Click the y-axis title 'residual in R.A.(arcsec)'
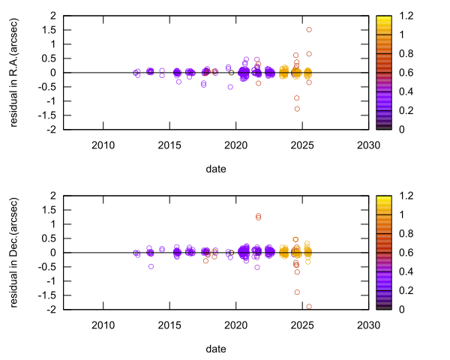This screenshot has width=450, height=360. (x=14, y=72)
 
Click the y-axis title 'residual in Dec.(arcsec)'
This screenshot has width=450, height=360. (x=14, y=252)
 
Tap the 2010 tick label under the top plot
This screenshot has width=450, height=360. (x=103, y=145)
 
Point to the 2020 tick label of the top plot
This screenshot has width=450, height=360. (x=235, y=145)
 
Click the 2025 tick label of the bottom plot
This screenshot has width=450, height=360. (x=301, y=325)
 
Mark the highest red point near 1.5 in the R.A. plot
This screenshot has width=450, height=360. (x=309, y=30)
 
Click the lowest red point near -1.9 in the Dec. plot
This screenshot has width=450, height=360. (x=309, y=306)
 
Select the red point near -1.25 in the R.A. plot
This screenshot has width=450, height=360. (x=297, y=109)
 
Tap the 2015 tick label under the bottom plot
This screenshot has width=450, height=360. (x=169, y=325)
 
